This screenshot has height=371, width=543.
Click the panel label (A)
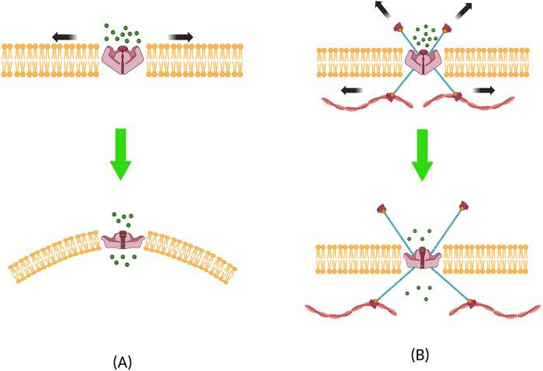[x=123, y=361]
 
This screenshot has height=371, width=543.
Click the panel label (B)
[x=420, y=355]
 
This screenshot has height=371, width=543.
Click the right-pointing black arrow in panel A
[x=182, y=36]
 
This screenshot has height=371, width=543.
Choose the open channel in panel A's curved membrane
[x=123, y=241]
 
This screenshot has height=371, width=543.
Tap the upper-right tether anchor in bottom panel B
[x=465, y=206]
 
